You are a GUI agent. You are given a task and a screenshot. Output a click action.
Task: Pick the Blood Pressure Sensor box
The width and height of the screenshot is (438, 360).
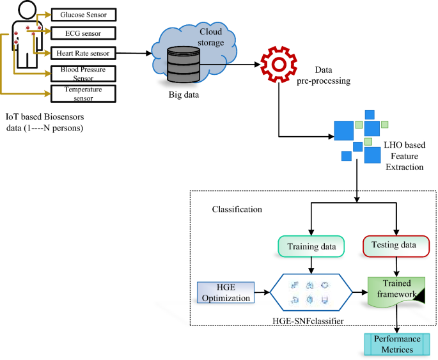click(82, 74)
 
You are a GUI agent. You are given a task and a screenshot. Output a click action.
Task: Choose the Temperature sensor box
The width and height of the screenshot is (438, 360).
click(82, 93)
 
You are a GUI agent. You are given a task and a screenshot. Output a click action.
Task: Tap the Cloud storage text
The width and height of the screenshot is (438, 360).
click(212, 37)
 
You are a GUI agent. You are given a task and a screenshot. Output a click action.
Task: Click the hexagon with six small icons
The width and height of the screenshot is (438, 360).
click(309, 292)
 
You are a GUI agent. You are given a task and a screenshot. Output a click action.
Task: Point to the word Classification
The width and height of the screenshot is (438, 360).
click(237, 209)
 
